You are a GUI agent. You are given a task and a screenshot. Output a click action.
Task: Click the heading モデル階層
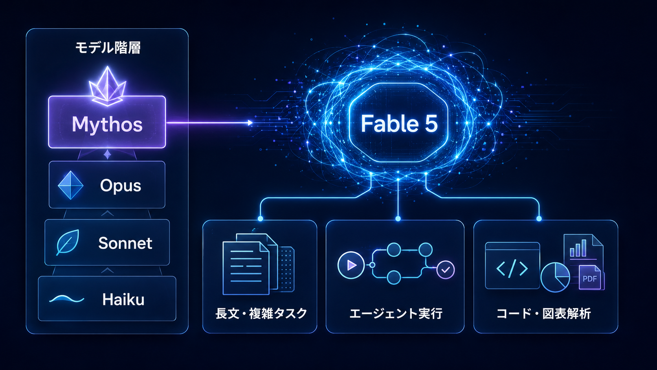[108, 48]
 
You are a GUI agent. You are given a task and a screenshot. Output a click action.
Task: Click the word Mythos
[107, 124]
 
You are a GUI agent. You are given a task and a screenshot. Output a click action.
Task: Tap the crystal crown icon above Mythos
[107, 86]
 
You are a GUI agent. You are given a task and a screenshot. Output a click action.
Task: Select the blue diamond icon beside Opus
[70, 185]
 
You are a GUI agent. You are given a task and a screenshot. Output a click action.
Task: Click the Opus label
[121, 186]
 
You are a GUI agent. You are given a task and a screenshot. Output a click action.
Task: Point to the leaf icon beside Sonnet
[68, 242]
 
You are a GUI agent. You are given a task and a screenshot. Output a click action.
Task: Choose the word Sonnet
[125, 243]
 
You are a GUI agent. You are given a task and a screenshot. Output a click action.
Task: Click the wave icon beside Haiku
[67, 299]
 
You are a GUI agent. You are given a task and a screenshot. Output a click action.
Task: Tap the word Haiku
[123, 300]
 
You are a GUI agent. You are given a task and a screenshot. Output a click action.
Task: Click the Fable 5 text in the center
[399, 123]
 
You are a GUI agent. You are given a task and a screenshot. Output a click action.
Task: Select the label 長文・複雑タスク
[261, 313]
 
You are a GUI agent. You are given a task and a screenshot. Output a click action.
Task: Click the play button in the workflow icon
[351, 265]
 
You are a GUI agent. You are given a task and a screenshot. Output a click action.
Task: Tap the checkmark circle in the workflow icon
[446, 270]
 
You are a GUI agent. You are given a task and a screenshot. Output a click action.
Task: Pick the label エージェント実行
[396, 313]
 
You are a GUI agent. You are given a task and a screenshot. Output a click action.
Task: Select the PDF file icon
[590, 278]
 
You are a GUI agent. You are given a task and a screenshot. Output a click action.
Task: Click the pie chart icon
[555, 277]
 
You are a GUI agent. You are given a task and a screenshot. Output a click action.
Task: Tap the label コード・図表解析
[544, 313]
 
